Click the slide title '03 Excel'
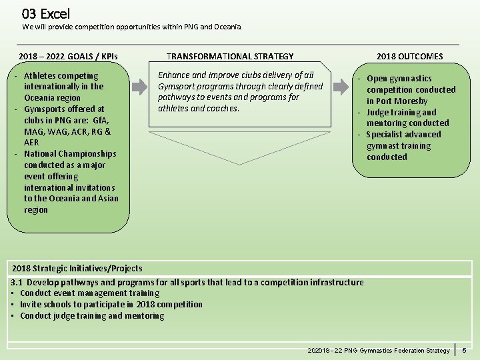click(45, 13)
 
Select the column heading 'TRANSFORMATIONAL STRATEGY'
click(230, 57)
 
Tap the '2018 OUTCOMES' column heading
click(409, 57)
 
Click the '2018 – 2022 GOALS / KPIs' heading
click(69, 57)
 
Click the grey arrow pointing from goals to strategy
click(140, 87)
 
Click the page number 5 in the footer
click(465, 350)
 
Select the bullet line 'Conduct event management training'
click(90, 293)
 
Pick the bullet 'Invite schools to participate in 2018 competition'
click(111, 305)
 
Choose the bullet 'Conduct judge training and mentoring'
click(92, 316)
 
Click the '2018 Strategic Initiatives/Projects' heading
click(77, 269)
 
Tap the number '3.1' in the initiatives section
click(17, 282)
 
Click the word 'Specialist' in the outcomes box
click(386, 135)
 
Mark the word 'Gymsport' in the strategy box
click(175, 86)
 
